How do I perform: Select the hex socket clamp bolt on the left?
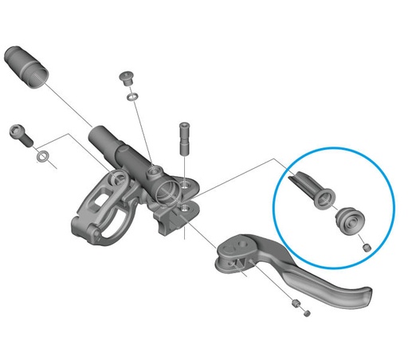coord(19,132)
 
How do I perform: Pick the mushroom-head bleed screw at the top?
coord(127,78)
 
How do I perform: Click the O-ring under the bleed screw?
coord(131,96)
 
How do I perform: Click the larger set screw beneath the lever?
coord(295,303)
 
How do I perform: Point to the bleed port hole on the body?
coord(151,168)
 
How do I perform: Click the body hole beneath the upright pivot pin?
coord(184,208)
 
